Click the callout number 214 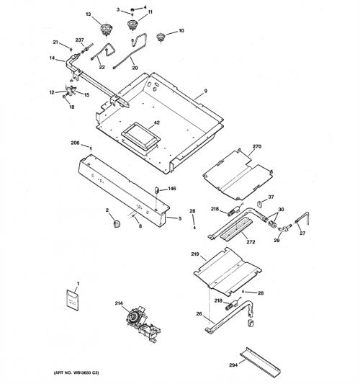(119, 303)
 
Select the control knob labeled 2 (117, 223)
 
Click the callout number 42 (157, 122)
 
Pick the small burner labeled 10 (161, 37)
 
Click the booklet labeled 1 (73, 300)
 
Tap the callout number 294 (233, 365)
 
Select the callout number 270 (257, 146)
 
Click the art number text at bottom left (76, 372)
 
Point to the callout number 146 (172, 188)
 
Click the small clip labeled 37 (259, 203)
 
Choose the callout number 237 (79, 40)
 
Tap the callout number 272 (251, 242)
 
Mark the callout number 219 (195, 254)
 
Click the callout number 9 (206, 91)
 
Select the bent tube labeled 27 (303, 219)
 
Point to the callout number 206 (75, 143)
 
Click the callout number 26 (199, 313)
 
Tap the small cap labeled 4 (132, 10)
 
